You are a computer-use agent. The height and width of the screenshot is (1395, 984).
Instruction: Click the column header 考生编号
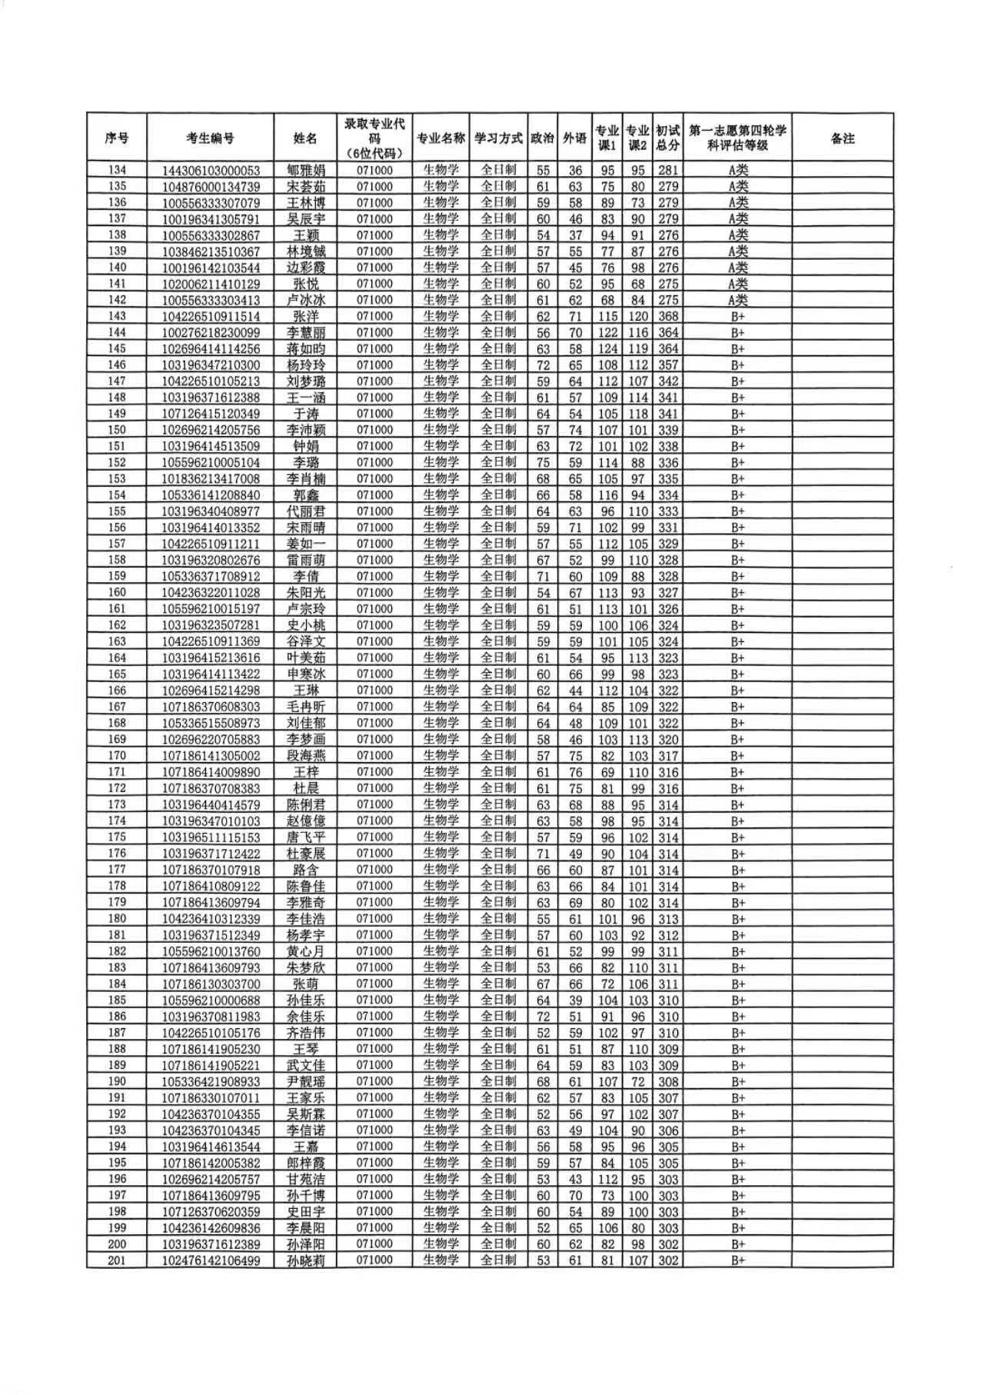coord(210,138)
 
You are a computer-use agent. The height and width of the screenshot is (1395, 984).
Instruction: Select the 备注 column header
coord(843,138)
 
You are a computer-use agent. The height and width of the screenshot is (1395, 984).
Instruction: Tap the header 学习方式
coord(498,138)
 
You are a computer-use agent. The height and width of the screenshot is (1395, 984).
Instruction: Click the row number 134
coord(116,170)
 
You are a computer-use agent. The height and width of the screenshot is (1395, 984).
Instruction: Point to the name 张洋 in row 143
coord(305,316)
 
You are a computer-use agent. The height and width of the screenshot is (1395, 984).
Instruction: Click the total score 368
coord(668,316)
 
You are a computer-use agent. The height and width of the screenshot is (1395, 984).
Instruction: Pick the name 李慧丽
coord(305,332)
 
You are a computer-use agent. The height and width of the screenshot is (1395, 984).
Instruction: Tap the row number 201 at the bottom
coord(116,1260)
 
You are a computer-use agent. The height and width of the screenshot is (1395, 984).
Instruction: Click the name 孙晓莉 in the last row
coord(305,1260)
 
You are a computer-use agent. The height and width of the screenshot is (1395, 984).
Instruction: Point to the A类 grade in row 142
coord(737,300)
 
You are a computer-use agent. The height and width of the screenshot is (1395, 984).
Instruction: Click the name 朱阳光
coord(305,592)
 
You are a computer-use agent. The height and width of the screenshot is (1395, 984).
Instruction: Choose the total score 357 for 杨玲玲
coord(668,365)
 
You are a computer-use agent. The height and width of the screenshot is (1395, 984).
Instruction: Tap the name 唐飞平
coord(305,837)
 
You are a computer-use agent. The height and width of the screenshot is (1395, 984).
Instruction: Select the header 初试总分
coord(668,138)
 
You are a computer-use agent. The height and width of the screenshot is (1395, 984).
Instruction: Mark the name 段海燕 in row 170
coord(305,755)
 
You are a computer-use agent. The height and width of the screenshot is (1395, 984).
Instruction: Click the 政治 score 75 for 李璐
coord(543,462)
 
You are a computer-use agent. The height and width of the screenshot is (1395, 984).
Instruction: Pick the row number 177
coord(116,869)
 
